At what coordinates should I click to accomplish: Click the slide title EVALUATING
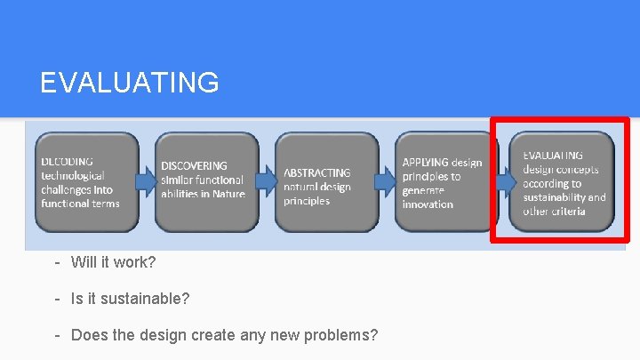click(130, 83)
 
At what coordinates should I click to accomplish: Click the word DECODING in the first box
click(68, 162)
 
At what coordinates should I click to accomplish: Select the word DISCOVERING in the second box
click(194, 165)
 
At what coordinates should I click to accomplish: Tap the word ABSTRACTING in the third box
click(317, 172)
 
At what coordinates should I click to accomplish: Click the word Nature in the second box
click(228, 194)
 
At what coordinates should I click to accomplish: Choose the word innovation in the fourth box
click(428, 204)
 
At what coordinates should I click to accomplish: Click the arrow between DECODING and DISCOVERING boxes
click(147, 181)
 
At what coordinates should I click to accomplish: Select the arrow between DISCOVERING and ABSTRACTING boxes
click(266, 181)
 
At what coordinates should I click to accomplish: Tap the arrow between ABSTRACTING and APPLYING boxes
click(386, 181)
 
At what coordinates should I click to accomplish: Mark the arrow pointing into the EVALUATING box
click(506, 181)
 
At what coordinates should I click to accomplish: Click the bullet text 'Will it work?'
click(113, 263)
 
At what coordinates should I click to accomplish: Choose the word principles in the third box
click(307, 201)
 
